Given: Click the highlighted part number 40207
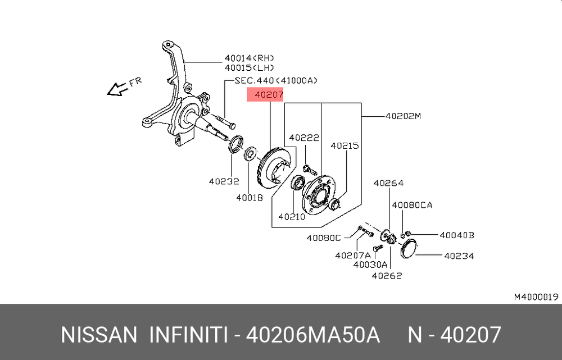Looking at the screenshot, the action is pos(269,95).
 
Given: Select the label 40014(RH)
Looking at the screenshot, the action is pos(250,58).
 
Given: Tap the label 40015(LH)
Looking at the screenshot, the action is pos(250,68).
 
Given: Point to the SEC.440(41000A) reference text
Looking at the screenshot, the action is pos(276,81).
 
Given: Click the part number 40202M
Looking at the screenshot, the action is pos(403,116).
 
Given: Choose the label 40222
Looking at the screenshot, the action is pos(304,138).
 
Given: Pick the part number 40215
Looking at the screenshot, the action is pos(345,146).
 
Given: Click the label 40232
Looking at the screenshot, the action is pos(224,181).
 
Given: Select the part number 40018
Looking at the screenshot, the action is pos(250,198).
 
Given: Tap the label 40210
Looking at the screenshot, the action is pos(292,217).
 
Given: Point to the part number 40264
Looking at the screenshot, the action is pos(388,183).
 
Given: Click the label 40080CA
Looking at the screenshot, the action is pos(412,205).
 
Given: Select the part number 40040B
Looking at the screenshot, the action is pos(457,235).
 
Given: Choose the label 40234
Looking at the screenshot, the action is pos(459,256).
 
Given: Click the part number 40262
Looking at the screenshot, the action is pos(387,276).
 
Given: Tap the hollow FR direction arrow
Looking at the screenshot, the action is pos(117,89).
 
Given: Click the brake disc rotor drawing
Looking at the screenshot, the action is pos(277,166).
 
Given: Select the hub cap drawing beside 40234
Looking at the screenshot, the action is pos(408,248).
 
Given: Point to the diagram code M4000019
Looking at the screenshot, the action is pos(536,297).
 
